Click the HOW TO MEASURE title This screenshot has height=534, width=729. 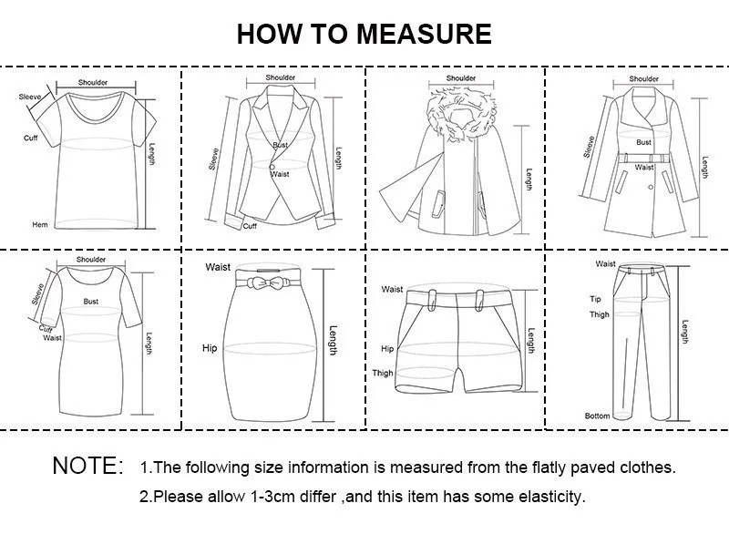tap(364, 34)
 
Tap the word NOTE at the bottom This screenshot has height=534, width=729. tap(87, 467)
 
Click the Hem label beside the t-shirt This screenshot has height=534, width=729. tap(40, 224)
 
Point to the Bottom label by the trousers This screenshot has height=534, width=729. tap(597, 416)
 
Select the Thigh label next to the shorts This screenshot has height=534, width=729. tap(383, 373)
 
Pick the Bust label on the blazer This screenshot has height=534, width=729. tap(280, 146)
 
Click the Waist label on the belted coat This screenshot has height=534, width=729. tap(644, 168)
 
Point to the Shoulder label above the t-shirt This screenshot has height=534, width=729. tap(92, 83)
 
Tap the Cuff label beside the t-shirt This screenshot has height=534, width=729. tap(30, 138)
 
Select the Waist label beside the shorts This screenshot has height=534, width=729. tap(392, 290)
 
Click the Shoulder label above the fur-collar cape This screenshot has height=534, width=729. tap(461, 78)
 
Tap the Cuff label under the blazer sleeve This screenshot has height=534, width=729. tap(249, 226)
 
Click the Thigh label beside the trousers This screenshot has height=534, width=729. tap(598, 314)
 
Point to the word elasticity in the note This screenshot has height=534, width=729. tap(550, 498)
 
